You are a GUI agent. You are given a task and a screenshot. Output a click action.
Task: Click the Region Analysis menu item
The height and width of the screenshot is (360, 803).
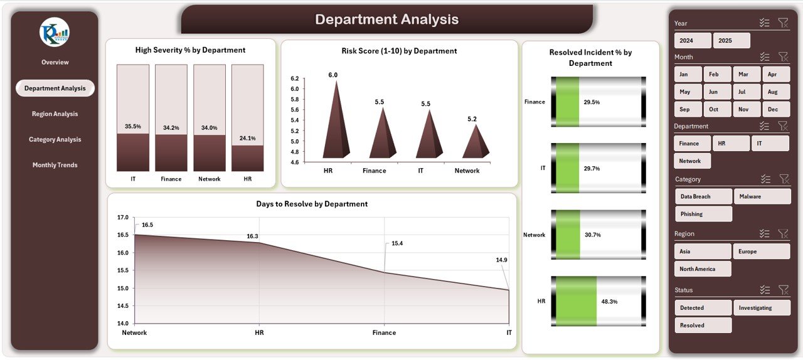click(55, 114)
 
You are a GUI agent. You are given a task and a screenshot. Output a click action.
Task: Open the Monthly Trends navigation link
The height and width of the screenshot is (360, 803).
click(55, 165)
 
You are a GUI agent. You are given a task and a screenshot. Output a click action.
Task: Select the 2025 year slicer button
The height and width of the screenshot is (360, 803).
click(731, 41)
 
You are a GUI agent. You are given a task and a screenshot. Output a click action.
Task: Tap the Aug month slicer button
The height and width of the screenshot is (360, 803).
click(775, 92)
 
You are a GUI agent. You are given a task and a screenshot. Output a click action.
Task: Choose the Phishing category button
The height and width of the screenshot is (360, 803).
click(703, 214)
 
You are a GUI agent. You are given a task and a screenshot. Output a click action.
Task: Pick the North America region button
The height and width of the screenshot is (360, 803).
click(703, 269)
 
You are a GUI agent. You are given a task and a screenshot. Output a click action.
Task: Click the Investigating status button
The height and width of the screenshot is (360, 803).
click(762, 308)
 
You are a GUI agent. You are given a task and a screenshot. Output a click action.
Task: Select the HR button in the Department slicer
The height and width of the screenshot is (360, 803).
click(731, 144)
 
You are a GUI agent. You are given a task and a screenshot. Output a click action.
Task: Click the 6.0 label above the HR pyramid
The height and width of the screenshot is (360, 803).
click(332, 75)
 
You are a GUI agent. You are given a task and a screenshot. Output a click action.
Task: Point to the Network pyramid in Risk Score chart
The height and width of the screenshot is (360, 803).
click(476, 142)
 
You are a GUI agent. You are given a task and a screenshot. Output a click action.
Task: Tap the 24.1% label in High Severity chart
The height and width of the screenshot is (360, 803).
click(248, 138)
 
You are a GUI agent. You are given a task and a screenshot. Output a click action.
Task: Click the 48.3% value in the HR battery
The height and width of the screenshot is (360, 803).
click(609, 302)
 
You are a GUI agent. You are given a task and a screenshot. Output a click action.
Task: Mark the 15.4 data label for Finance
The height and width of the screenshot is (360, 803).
click(396, 243)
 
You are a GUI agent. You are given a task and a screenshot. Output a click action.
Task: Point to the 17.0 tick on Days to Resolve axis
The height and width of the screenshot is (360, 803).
click(123, 218)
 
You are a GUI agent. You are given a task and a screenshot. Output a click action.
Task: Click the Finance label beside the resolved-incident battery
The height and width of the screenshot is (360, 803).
click(534, 102)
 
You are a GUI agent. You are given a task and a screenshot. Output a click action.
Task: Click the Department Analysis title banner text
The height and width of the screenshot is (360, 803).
click(386, 19)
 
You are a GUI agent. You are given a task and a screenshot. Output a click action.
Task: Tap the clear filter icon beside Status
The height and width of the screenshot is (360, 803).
click(783, 290)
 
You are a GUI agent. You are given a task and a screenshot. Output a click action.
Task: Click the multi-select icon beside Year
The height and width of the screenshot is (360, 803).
click(764, 23)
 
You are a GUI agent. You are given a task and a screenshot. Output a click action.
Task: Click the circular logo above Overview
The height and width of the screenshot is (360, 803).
click(55, 32)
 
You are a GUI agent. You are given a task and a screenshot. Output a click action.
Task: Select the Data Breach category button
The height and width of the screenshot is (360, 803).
click(703, 196)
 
